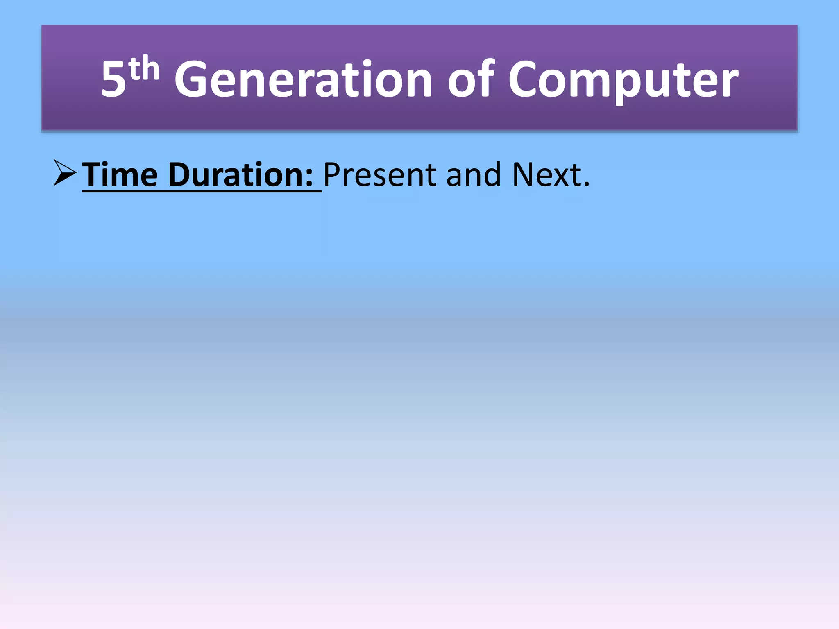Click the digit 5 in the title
[113, 80]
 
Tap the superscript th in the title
[143, 69]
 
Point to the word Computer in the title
[623, 80]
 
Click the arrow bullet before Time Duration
[65, 173]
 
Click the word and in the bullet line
[474, 175]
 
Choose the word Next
[547, 175]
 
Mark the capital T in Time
[93, 175]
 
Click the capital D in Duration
[180, 175]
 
